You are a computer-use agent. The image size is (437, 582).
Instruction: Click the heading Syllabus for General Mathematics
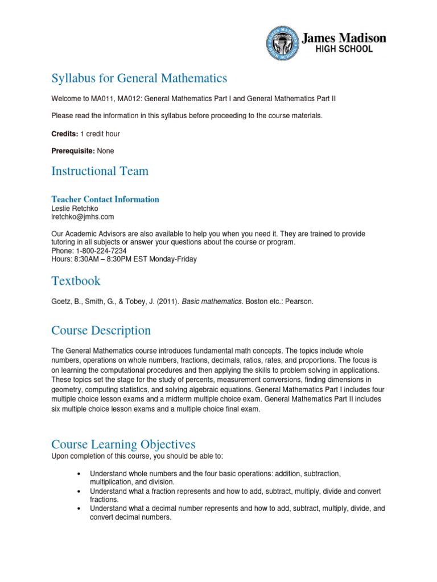pos(139,78)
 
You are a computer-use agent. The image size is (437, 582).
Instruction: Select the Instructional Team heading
pos(100,171)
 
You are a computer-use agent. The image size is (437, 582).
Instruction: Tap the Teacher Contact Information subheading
pos(105,199)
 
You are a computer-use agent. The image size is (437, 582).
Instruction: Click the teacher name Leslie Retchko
pos(75,209)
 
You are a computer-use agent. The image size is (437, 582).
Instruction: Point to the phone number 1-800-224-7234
pos(101,251)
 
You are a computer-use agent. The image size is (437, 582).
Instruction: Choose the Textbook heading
pos(76,281)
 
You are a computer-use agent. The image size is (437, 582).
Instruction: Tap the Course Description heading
pos(101,331)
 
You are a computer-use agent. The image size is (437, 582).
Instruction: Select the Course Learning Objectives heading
pos(123,444)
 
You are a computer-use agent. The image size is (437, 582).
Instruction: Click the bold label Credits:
pos(64,134)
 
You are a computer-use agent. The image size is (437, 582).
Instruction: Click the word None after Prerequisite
pos(105,151)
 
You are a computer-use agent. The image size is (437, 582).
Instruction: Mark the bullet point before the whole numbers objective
pos(77,473)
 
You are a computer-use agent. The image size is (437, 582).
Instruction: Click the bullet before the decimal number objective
pos(77,509)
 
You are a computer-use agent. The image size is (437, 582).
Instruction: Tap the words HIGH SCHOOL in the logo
pos(344,49)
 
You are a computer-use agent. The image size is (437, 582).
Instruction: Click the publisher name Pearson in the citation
pos(299,302)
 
